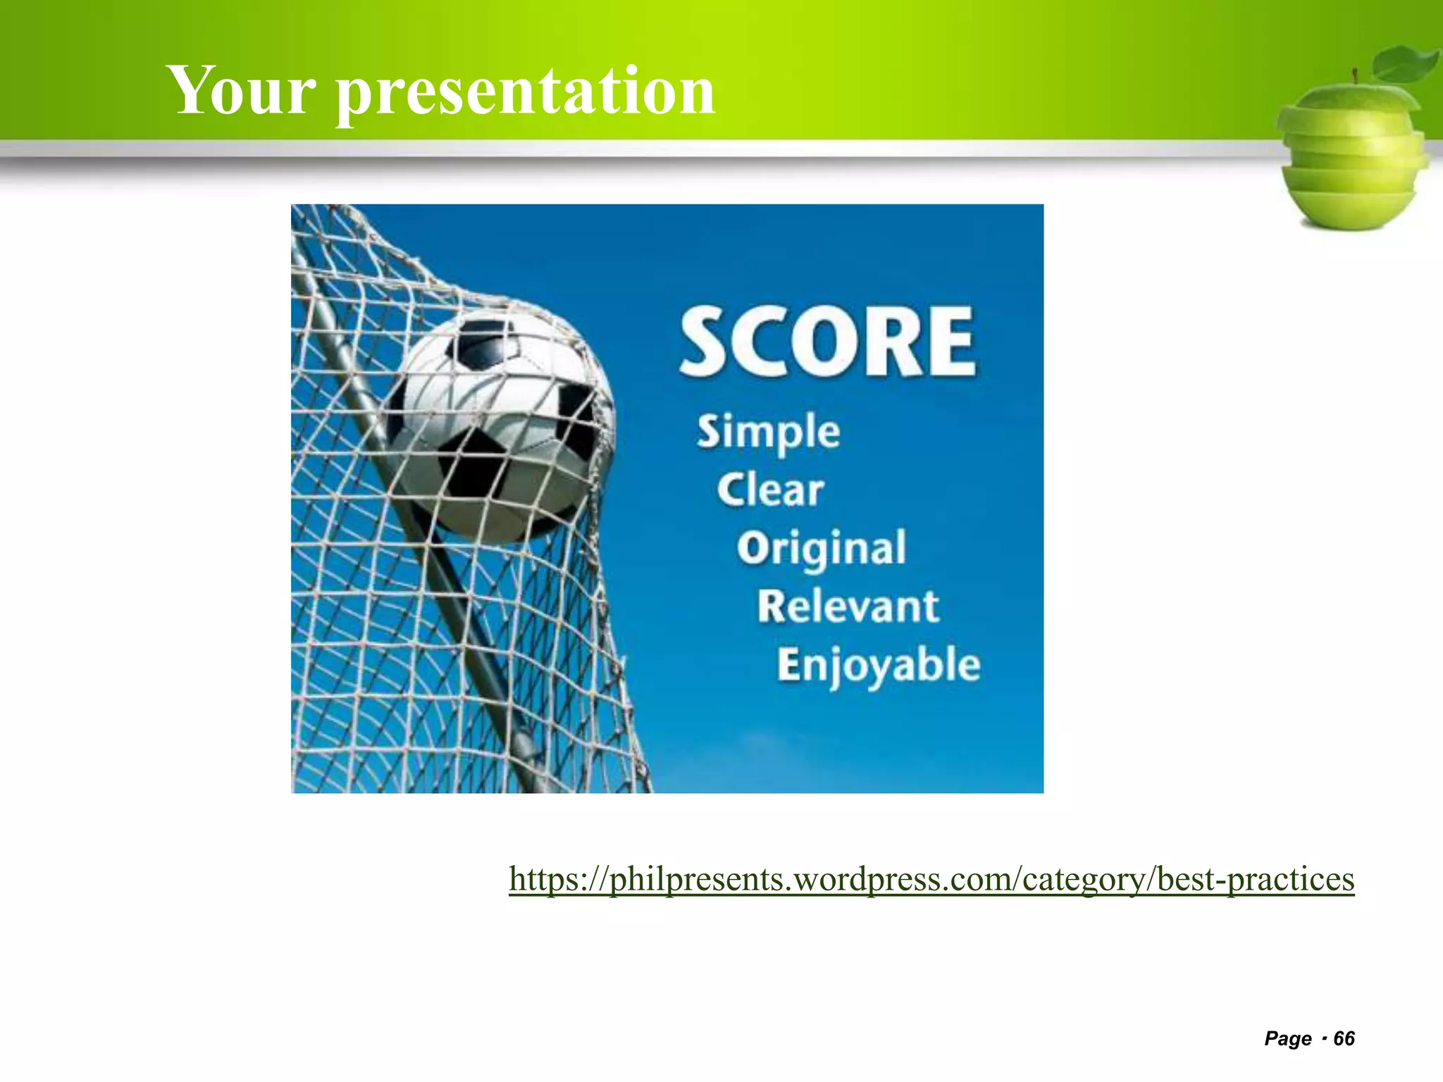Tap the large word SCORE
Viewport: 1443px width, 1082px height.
click(x=827, y=342)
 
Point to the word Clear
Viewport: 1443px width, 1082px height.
click(x=770, y=490)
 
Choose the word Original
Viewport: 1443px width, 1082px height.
click(x=822, y=548)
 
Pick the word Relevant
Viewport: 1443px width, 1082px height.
click(x=848, y=606)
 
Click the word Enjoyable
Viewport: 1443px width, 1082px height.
click(x=879, y=665)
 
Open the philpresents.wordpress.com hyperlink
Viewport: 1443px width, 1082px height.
click(x=930, y=879)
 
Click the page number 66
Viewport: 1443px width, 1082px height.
click(x=1344, y=1038)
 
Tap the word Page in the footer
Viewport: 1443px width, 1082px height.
click(x=1288, y=1038)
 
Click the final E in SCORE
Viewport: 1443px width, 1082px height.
click(x=951, y=342)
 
